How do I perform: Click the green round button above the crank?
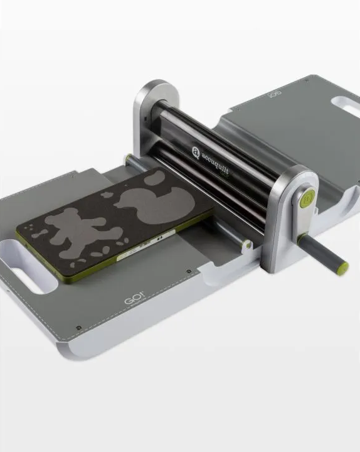[x=305, y=200]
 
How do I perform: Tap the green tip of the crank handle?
[x=343, y=269]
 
